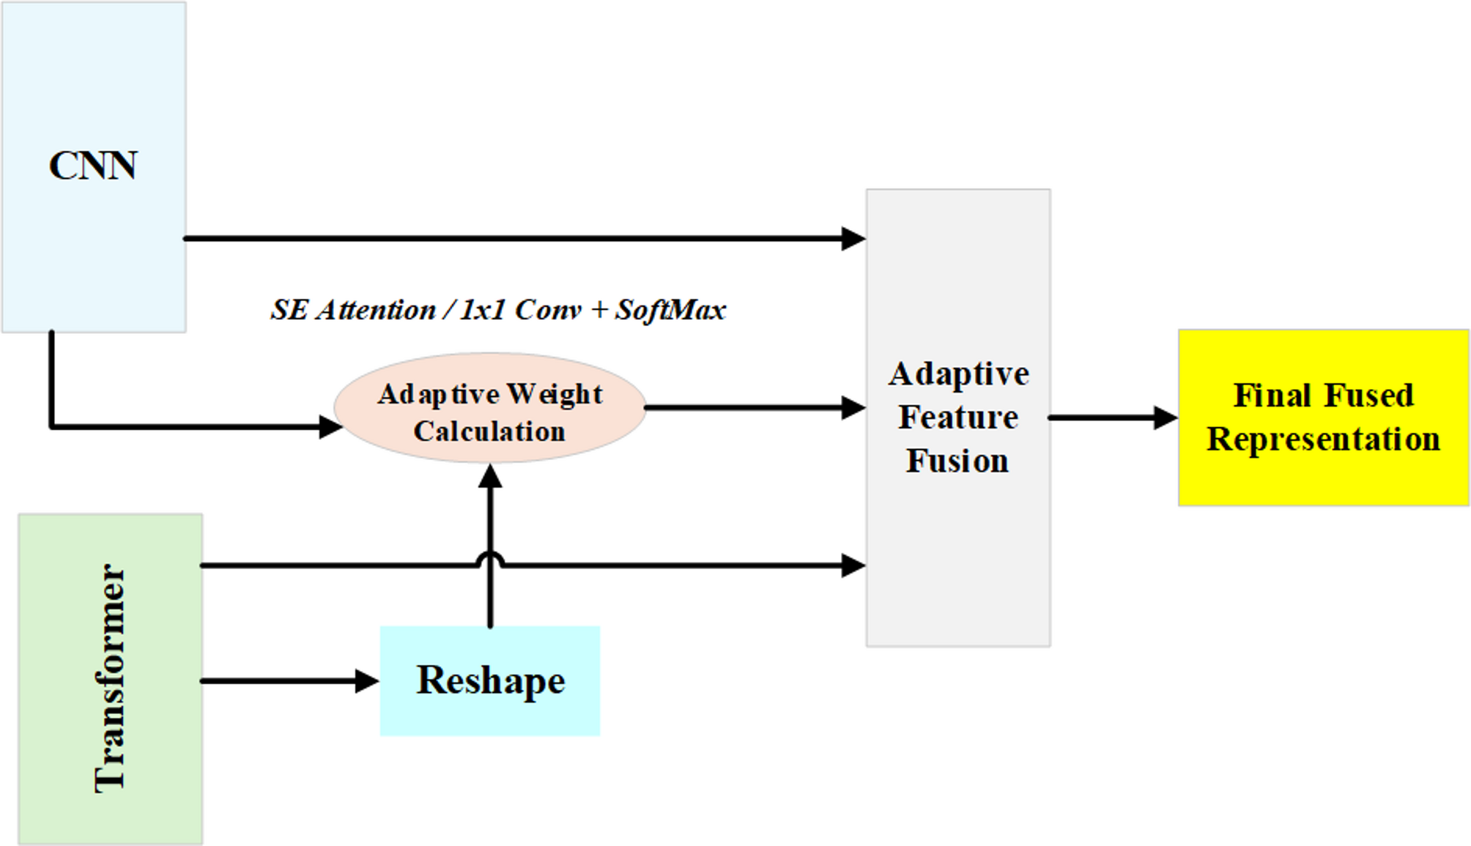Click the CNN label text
point(92,166)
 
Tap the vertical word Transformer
point(111,678)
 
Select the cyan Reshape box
point(489,680)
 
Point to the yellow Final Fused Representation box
point(1323,418)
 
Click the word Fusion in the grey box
point(957,461)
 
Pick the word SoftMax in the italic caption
point(670,310)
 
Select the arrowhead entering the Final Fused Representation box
point(1166,418)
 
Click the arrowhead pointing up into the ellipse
point(489,476)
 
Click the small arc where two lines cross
point(489,560)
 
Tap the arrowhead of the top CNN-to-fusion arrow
point(853,238)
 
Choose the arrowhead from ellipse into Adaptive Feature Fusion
point(853,407)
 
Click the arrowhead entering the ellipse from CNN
point(330,426)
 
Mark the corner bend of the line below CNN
point(52,426)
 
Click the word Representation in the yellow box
point(1323,439)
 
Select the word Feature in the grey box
point(958,418)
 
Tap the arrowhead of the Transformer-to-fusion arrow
point(853,565)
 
